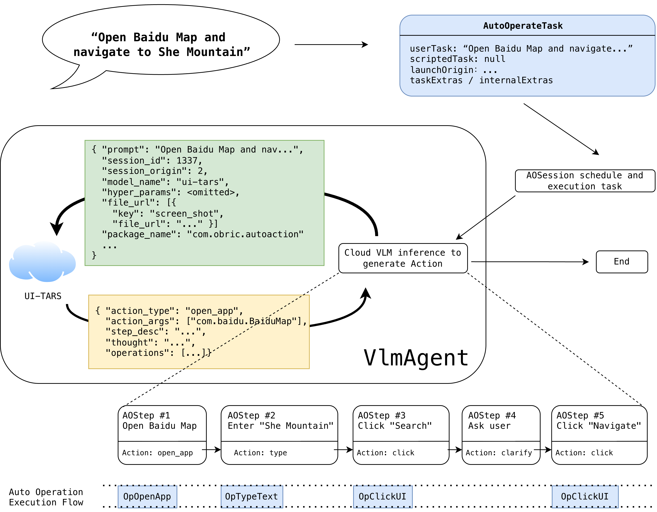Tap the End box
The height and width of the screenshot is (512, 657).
pos(622,262)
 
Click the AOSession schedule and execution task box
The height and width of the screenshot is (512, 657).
pos(585,181)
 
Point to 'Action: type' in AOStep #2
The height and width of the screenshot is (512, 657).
pos(260,453)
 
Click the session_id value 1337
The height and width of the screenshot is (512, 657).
pos(187,161)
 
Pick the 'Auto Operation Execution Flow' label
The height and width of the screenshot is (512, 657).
pos(46,497)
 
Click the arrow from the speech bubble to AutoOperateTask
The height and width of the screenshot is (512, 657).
pos(331,45)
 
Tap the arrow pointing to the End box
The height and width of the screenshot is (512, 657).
pos(530,262)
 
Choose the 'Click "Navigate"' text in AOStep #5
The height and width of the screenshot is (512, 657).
pos(599,426)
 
